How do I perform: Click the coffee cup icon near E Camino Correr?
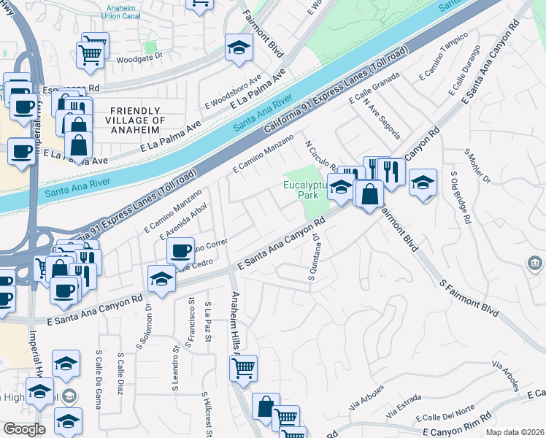click(x=180, y=251)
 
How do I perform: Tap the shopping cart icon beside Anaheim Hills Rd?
click(x=243, y=368)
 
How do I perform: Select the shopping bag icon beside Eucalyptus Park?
click(x=369, y=193)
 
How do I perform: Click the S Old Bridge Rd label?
click(x=460, y=196)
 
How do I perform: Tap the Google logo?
click(x=24, y=429)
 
